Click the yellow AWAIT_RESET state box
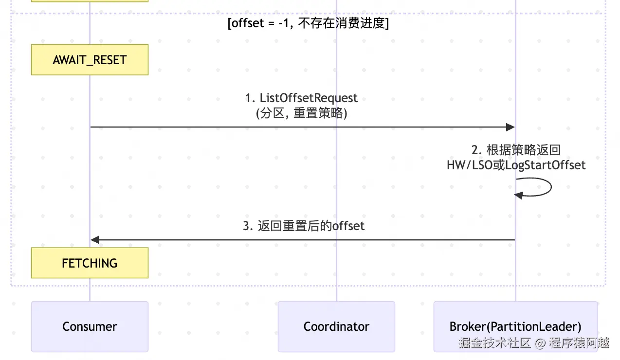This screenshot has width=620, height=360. (90, 60)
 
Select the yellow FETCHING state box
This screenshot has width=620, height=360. (90, 263)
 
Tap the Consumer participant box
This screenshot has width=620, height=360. (90, 326)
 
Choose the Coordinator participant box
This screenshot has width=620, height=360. (336, 326)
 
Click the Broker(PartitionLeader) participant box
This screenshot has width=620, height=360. (515, 326)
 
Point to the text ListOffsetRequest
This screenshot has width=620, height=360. (309, 98)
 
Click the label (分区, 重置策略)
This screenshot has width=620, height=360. (301, 113)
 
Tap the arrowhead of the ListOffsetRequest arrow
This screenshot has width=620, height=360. (511, 127)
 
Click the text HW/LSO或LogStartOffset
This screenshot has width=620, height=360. (516, 165)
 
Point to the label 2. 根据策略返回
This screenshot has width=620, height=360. (516, 150)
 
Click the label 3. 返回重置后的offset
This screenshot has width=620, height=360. (304, 226)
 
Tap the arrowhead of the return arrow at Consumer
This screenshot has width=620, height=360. (95, 240)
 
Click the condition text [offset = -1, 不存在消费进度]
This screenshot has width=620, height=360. (308, 23)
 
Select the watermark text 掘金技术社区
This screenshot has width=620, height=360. (494, 343)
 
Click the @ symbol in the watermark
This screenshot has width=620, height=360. (540, 343)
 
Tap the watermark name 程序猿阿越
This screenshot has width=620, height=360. (579, 343)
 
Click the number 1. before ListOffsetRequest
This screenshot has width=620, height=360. (250, 98)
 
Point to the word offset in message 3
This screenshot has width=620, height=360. (348, 226)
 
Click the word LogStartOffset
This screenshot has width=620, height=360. (545, 165)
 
